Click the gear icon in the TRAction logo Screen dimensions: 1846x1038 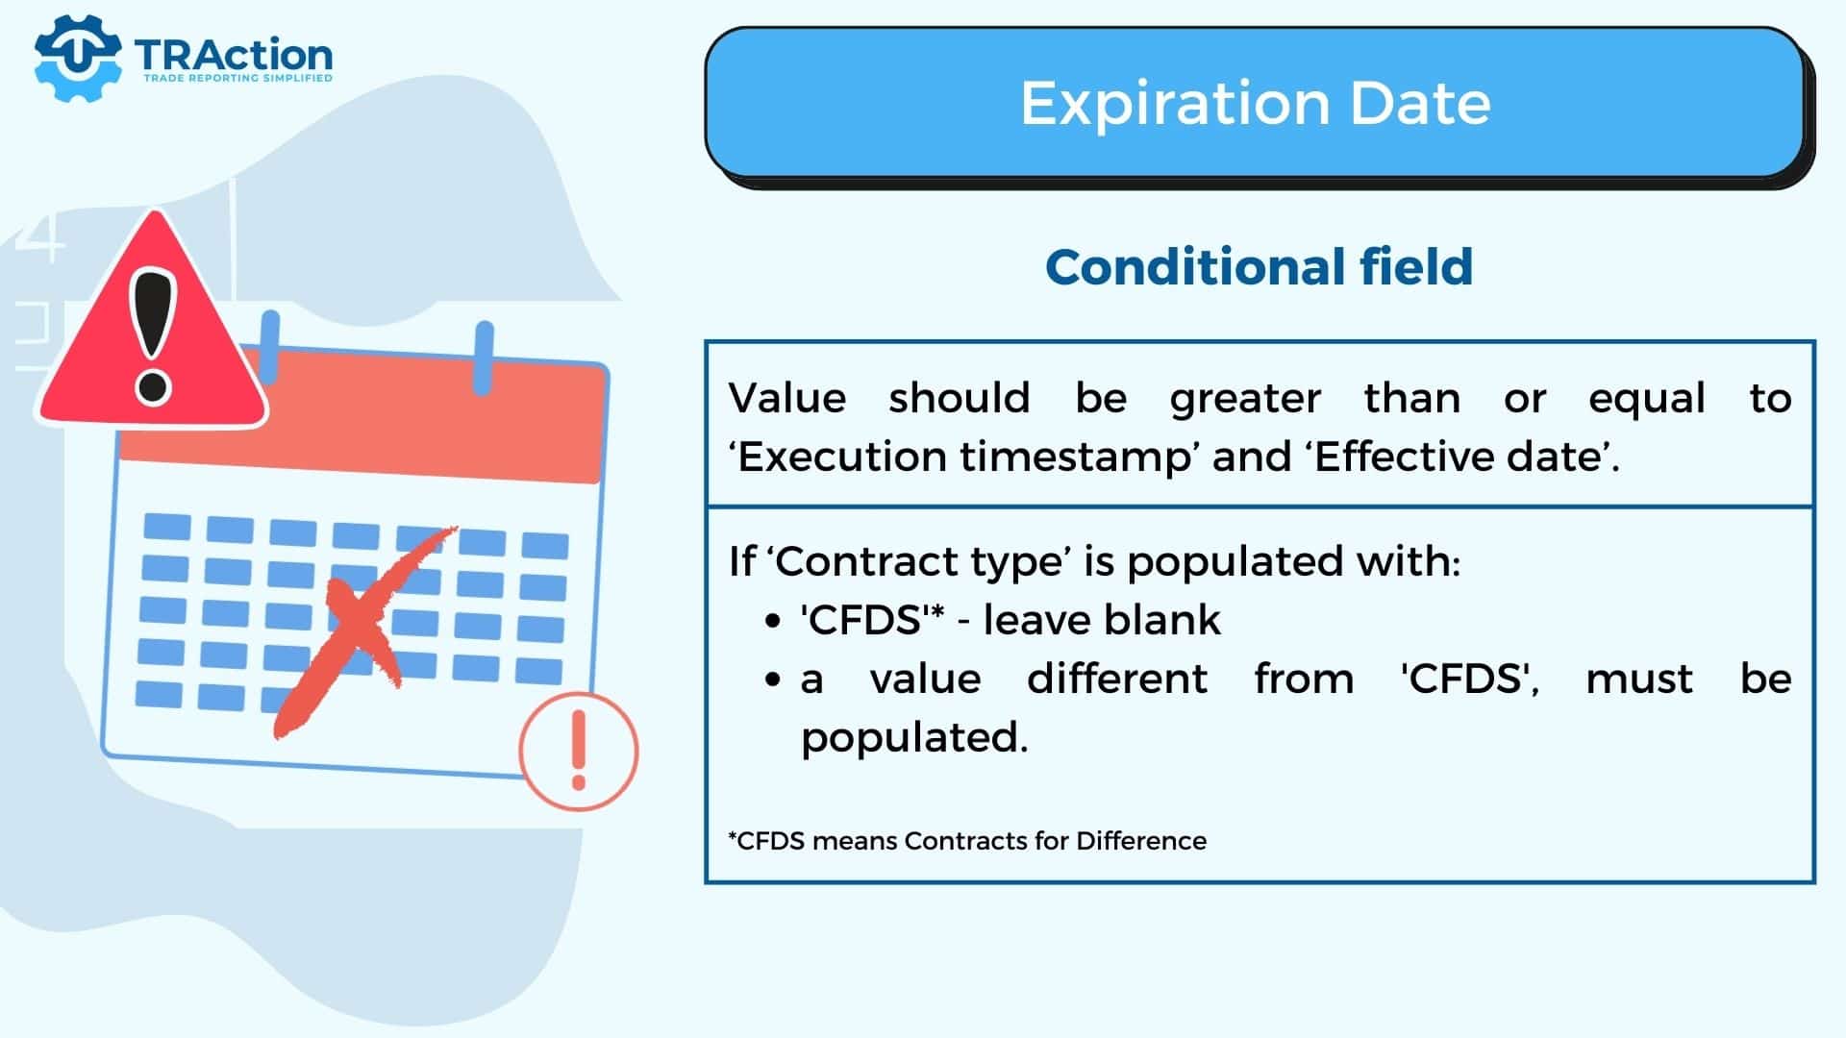(77, 58)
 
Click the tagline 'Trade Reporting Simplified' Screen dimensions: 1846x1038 (237, 78)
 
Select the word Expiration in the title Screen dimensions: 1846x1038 (1174, 104)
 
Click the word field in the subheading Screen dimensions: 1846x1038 (1416, 266)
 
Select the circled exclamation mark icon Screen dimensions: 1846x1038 (579, 751)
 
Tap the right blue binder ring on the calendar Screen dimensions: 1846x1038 (485, 358)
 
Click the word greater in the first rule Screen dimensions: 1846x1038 (1245, 399)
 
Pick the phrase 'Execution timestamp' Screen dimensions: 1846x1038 (962, 457)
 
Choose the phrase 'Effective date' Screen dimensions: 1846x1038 (1457, 457)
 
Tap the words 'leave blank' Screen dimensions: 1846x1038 (1102, 620)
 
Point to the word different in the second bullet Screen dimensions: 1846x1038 (1117, 679)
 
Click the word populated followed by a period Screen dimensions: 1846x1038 (914, 738)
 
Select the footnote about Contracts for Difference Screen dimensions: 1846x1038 (967, 841)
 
